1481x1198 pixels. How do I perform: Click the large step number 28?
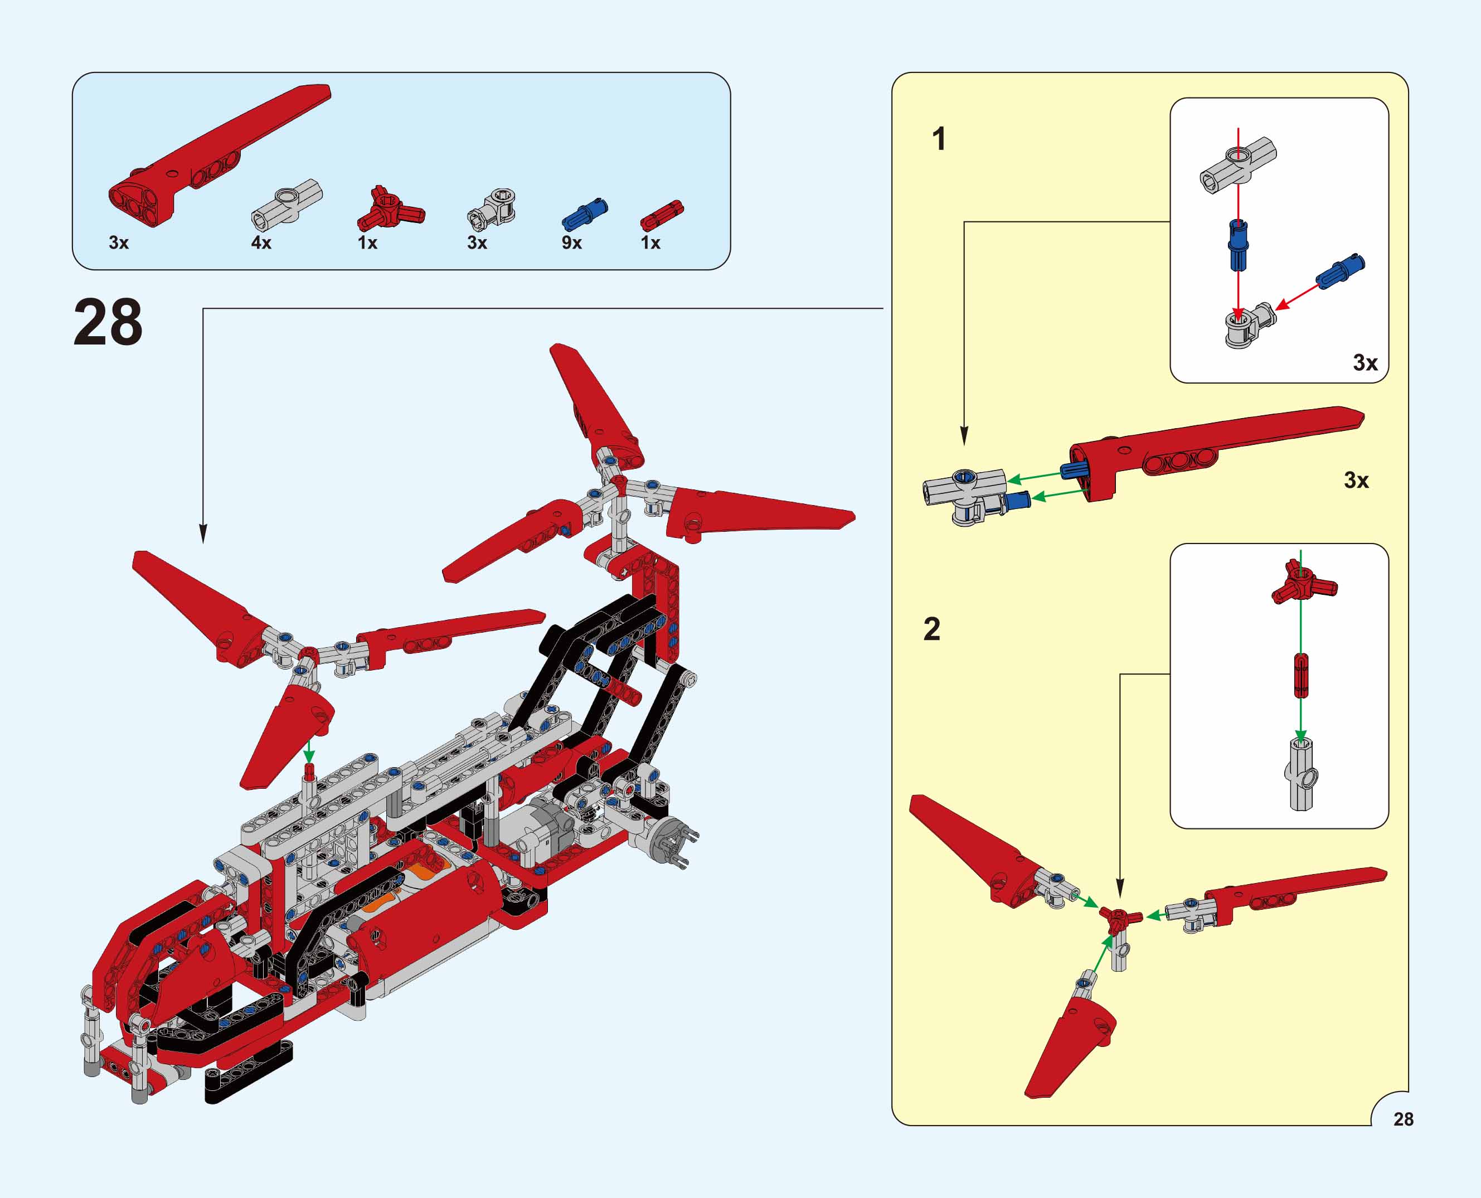[x=108, y=322]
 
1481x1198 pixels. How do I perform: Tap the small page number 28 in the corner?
[x=1403, y=1119]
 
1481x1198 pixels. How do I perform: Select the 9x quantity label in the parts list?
[x=571, y=243]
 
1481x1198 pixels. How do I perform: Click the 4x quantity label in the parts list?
[x=261, y=243]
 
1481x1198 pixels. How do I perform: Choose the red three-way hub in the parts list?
[x=390, y=208]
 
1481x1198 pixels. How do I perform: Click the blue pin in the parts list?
[x=585, y=214]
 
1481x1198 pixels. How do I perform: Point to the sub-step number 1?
[x=939, y=139]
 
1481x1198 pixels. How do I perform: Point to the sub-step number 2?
[x=931, y=629]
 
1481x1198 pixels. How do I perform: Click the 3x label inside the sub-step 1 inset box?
[x=1365, y=363]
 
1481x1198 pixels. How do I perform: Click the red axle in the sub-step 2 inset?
[x=1300, y=676]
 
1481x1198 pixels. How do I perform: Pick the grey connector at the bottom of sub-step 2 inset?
[x=1301, y=772]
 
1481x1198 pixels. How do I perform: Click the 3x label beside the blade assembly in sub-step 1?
[x=1356, y=481]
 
